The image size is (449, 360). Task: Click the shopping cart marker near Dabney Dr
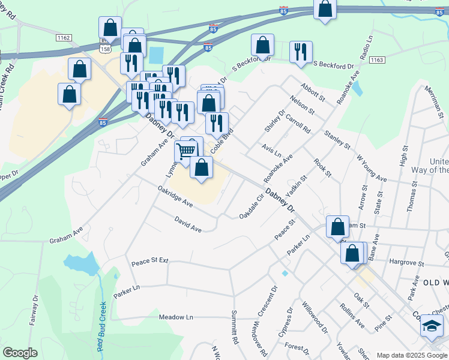186,151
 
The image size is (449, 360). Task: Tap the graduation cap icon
432,326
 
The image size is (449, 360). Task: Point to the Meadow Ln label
176,317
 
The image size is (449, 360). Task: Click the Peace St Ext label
150,262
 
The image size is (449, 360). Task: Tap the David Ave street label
188,224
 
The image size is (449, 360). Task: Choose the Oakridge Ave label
175,196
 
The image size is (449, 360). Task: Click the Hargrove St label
406,263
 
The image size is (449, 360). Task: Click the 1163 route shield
377,60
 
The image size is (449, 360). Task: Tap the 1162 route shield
63,38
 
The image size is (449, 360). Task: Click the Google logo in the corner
20,352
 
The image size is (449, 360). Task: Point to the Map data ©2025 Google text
411,355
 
